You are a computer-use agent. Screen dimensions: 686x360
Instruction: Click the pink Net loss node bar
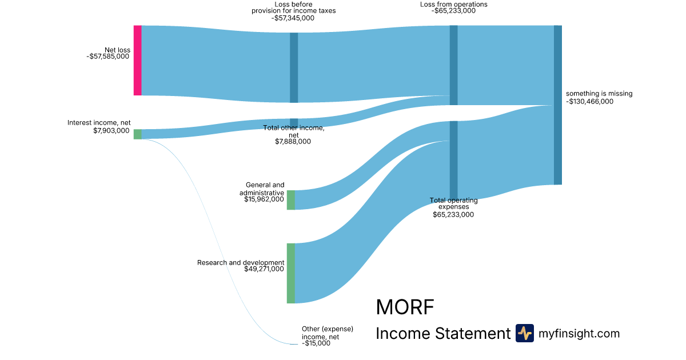pyautogui.click(x=137, y=61)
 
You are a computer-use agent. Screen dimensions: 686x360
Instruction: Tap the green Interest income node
pyautogui.click(x=137, y=134)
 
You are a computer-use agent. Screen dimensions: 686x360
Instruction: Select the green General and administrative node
pyautogui.click(x=291, y=200)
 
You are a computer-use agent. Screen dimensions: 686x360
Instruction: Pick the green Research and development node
pyautogui.click(x=291, y=273)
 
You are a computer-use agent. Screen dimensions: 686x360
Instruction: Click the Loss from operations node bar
pyautogui.click(x=453, y=65)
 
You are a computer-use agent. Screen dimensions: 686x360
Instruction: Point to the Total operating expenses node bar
pyautogui.click(x=453, y=160)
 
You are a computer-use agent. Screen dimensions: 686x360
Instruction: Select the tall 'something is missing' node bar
pyautogui.click(x=557, y=105)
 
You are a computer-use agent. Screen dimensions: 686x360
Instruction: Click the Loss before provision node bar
pyautogui.click(x=294, y=67)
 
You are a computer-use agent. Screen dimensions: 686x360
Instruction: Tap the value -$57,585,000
pyautogui.click(x=108, y=57)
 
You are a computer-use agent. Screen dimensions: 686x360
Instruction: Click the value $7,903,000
pyautogui.click(x=111, y=130)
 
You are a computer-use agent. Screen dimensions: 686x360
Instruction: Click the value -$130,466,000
pyautogui.click(x=589, y=102)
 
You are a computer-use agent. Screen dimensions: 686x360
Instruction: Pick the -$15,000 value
pyautogui.click(x=316, y=343)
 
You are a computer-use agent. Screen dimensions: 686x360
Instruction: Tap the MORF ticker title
pyautogui.click(x=405, y=307)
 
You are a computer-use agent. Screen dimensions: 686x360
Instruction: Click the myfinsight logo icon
pyautogui.click(x=524, y=333)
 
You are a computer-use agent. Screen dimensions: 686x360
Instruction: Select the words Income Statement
pyautogui.click(x=442, y=334)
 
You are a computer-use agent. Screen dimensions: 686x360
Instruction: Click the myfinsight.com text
pyautogui.click(x=579, y=334)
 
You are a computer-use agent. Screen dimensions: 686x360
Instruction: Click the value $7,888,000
pyautogui.click(x=293, y=142)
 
